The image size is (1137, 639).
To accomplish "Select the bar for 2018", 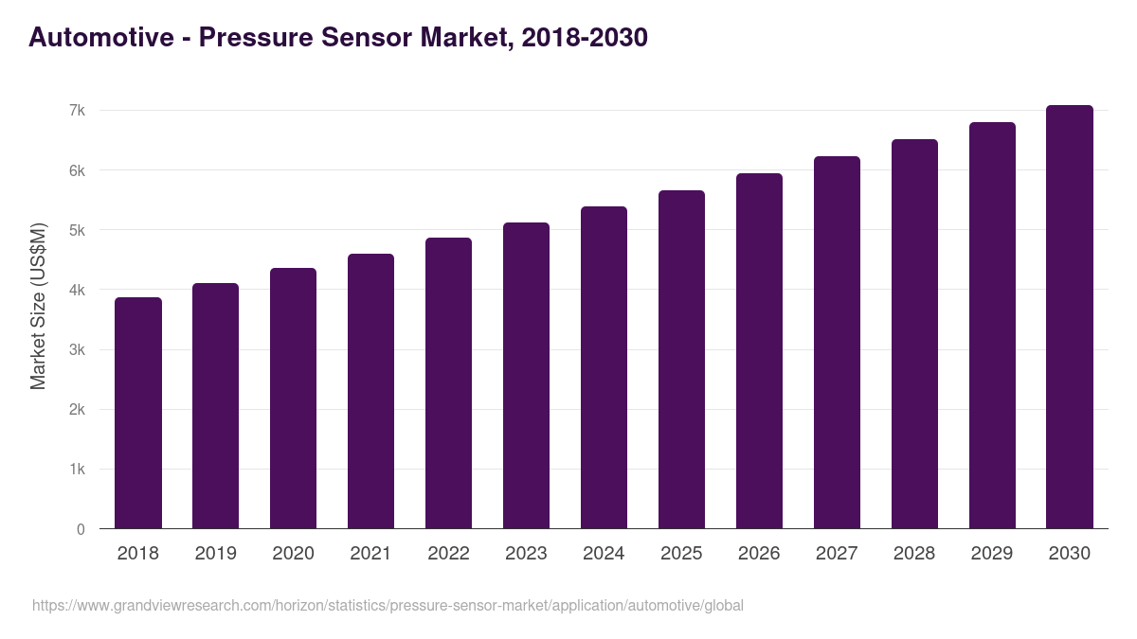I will tap(138, 414).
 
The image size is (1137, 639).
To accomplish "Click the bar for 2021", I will tap(370, 392).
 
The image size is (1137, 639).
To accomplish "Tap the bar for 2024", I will tap(604, 368).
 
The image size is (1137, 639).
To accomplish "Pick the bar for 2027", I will tap(837, 343).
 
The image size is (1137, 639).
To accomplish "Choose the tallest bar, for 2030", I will tap(1070, 317).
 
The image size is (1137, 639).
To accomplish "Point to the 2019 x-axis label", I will tap(216, 554).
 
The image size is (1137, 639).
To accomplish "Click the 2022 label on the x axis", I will tap(448, 554).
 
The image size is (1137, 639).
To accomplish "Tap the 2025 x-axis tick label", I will tap(681, 554).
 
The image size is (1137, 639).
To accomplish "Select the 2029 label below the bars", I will tap(992, 554).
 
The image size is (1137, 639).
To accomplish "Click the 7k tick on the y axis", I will tap(77, 111).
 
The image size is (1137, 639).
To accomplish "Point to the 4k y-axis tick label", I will tap(77, 291).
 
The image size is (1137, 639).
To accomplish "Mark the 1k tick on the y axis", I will tap(77, 470).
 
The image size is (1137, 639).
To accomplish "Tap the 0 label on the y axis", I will tap(81, 529).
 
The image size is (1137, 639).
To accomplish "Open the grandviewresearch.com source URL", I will tap(388, 605).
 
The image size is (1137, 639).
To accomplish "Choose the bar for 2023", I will tap(526, 376).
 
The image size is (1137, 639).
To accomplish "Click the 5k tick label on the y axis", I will tap(77, 231).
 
